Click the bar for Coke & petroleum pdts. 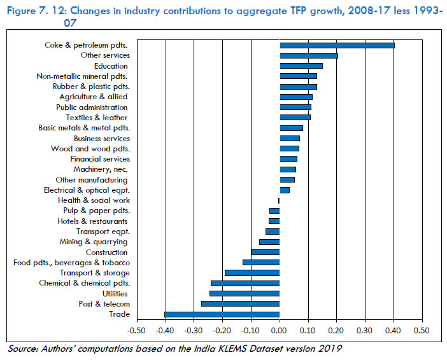[x=337, y=45]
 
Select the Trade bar [x=222, y=314]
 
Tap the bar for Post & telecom [x=241, y=304]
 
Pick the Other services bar [x=309, y=55]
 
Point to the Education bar [x=301, y=66]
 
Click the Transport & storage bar [x=252, y=273]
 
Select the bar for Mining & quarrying [x=269, y=242]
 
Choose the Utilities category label [x=115, y=293]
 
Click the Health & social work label [x=102, y=200]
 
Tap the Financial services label [x=100, y=159]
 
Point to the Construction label [x=106, y=252]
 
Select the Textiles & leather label [x=97, y=118]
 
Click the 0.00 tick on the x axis [x=280, y=331]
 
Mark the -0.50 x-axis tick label [x=136, y=331]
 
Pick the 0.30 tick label [x=365, y=331]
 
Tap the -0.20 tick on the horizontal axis [x=222, y=331]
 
